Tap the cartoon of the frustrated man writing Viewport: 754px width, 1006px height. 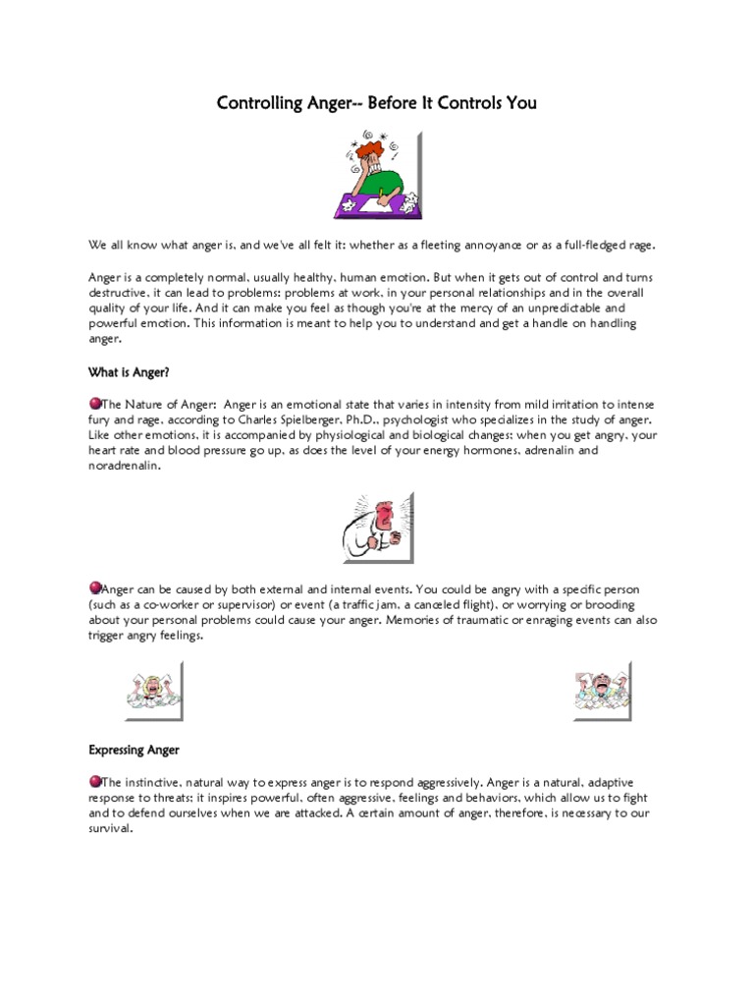(x=377, y=174)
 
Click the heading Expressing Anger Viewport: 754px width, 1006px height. (x=134, y=750)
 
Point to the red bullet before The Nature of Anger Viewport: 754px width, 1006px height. (x=94, y=404)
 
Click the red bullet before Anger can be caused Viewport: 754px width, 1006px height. (x=94, y=587)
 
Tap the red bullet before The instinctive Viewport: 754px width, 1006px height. (x=94, y=781)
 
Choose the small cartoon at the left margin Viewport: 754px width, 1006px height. (x=152, y=690)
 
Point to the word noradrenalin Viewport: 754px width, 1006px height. (x=122, y=467)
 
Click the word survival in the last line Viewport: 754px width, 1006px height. (x=108, y=828)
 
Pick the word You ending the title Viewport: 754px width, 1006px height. (x=521, y=102)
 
